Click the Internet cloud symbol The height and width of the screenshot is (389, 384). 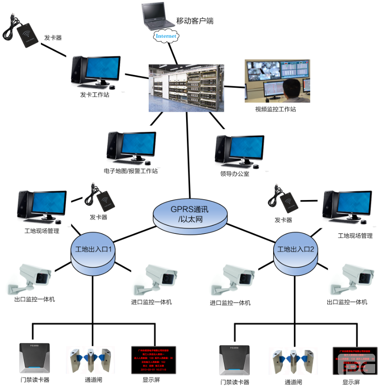click(x=166, y=36)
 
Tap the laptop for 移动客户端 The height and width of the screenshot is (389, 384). click(x=154, y=15)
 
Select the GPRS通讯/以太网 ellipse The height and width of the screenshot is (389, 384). click(x=190, y=213)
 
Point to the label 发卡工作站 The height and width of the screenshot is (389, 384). click(x=95, y=94)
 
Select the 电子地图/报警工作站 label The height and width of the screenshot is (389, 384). click(x=130, y=171)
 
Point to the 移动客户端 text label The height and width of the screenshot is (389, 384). click(x=195, y=21)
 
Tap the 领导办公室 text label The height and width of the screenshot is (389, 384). click(x=234, y=174)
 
